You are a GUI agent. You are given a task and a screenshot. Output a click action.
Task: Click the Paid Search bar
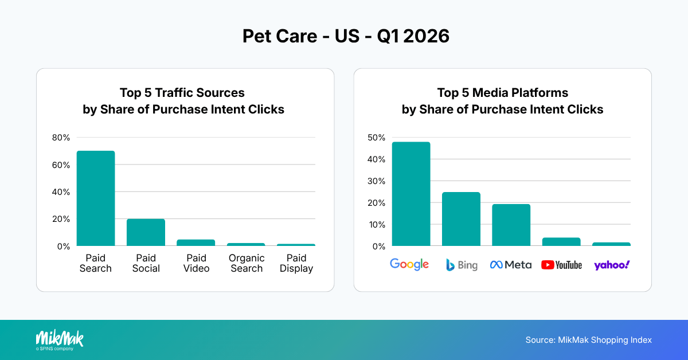click(96, 198)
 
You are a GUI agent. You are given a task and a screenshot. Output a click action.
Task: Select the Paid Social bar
click(146, 232)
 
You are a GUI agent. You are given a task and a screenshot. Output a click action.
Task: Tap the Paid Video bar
click(196, 242)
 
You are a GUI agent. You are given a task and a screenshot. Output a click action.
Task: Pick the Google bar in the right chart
click(411, 194)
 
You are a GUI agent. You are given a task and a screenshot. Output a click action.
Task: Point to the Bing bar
click(461, 219)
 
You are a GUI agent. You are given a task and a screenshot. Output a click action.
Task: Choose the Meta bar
click(511, 225)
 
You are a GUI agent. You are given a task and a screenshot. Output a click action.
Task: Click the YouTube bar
click(561, 242)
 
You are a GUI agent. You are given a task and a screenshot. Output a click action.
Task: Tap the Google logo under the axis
click(409, 264)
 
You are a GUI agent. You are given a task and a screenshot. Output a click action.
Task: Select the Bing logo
click(462, 265)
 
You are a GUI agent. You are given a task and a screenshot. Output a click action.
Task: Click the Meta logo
click(511, 265)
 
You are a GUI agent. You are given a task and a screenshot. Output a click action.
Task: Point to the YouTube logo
click(561, 265)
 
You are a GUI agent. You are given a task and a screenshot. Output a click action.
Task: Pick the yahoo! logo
click(612, 265)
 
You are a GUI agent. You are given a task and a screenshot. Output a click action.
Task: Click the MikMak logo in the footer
click(59, 339)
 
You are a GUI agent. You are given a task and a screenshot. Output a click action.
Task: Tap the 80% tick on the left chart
click(61, 138)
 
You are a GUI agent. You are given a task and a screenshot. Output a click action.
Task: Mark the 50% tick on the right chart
click(377, 138)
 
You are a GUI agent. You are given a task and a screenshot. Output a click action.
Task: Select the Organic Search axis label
click(247, 263)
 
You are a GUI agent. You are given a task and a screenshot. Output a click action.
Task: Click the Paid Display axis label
click(296, 263)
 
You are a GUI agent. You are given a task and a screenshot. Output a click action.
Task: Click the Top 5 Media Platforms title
click(502, 101)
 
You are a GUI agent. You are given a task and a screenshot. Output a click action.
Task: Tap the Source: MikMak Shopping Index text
click(588, 340)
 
